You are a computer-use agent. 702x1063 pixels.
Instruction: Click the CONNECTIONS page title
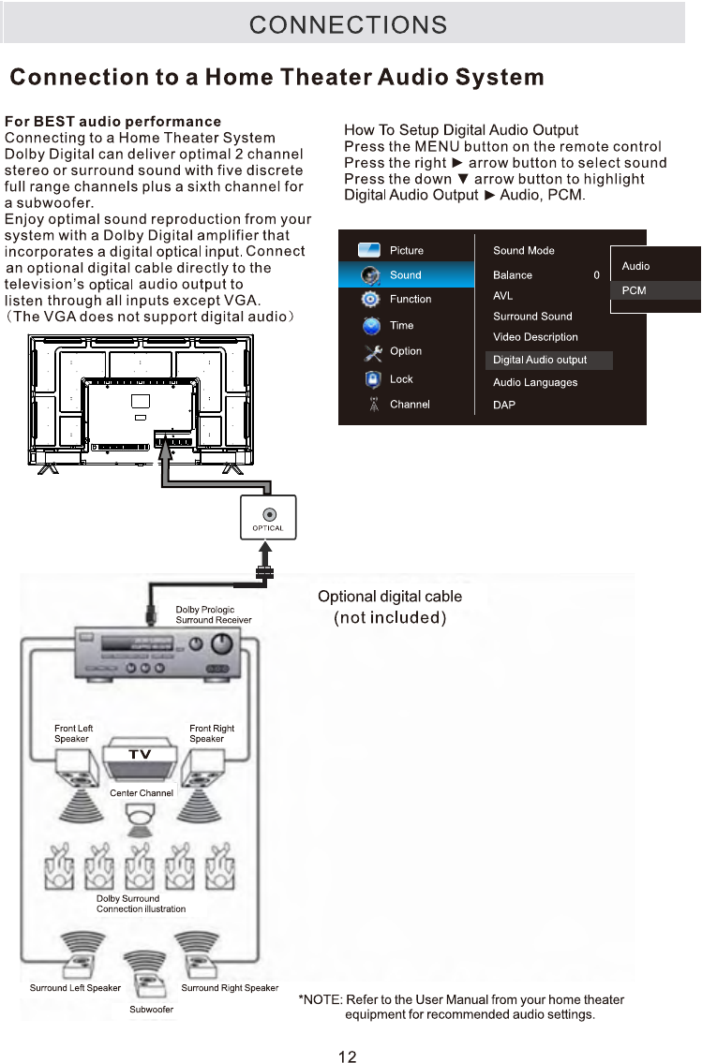(x=348, y=24)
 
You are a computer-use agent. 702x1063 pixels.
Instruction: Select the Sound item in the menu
(x=406, y=275)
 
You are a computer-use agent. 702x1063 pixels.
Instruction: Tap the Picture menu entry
(x=406, y=251)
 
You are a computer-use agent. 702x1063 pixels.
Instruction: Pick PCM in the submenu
(x=635, y=290)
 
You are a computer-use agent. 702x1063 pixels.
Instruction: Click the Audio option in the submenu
(x=635, y=266)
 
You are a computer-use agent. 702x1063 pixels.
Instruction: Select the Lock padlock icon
(x=372, y=379)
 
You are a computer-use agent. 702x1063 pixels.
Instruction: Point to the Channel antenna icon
(x=372, y=405)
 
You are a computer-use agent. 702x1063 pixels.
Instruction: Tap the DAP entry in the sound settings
(x=504, y=405)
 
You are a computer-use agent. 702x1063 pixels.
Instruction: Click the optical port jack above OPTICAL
(x=269, y=514)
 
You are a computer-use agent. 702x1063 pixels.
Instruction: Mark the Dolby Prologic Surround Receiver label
(x=214, y=615)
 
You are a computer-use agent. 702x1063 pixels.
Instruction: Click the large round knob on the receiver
(x=223, y=644)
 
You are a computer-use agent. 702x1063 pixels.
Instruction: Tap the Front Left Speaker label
(x=74, y=733)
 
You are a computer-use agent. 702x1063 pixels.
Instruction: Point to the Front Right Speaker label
(x=212, y=733)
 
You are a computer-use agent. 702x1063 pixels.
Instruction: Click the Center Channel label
(x=142, y=793)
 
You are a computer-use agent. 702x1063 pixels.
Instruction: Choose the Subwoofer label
(x=151, y=1009)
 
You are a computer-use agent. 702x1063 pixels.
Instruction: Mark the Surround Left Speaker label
(x=75, y=988)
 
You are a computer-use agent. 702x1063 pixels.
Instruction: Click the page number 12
(x=347, y=1056)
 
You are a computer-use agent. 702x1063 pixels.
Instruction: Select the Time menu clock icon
(x=372, y=326)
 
